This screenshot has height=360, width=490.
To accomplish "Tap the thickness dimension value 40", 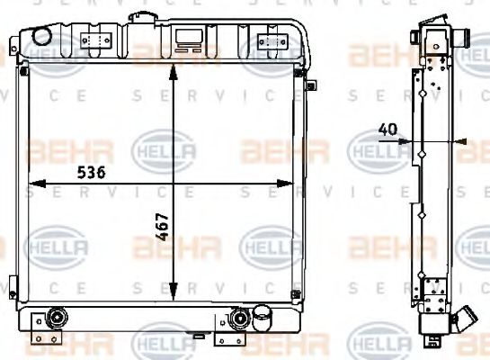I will tap(388, 129).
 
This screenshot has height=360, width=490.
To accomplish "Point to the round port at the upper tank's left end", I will tap(40, 34).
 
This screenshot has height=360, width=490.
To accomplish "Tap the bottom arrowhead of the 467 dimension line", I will tap(173, 294).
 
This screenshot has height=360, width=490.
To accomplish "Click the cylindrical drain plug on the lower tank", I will tap(263, 317).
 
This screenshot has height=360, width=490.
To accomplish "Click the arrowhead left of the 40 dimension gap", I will tap(411, 140).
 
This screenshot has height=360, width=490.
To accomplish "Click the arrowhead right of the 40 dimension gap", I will tap(459, 140).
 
